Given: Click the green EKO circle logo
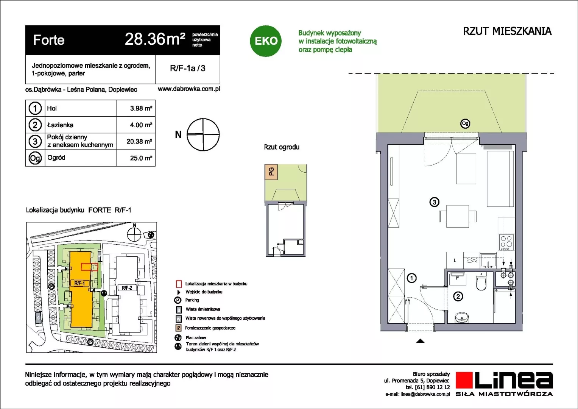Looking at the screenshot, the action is pos(265,41).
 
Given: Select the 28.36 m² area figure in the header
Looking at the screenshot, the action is pos(155,39).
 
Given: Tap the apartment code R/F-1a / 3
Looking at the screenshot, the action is pos(188,68).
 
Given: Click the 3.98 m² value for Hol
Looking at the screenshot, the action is pos(141,108).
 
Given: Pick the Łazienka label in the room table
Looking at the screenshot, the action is pos(60,125).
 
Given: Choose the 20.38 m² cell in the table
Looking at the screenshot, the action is pos(139,142).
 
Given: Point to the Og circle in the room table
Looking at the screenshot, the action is pos(35,158).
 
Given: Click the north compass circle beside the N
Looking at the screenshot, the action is pos(203,134).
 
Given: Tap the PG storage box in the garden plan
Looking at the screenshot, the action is pos(271,172).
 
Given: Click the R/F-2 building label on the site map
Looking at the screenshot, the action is pos(127,288).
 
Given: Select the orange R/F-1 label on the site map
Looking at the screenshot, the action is pos(80,283).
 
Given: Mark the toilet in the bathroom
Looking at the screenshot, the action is pos(481,282).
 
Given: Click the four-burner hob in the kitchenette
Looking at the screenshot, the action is pos(506,242).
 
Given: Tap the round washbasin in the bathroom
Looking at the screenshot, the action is pos(462,317).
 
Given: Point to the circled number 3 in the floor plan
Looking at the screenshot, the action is pos(434,202).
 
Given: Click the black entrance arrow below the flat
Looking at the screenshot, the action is pos(420,341).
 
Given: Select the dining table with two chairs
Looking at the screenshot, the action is pos(458,216).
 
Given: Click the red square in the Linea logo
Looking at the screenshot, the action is pos(464,380).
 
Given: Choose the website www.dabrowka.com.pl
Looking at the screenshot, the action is pos(189,89).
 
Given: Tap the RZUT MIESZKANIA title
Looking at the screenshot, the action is pos(507,31).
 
